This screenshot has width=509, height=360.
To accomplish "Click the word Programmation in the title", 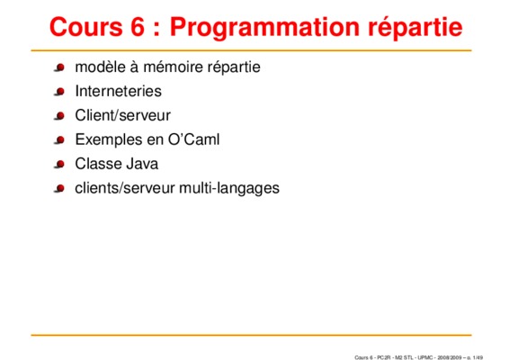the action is point(264,28).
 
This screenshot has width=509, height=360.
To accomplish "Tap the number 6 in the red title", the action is point(138,27).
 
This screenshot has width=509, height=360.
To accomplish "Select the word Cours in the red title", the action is point(86,27).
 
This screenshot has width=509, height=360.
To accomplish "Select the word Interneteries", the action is point(118,91).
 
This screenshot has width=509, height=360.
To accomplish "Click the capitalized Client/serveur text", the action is point(122,115).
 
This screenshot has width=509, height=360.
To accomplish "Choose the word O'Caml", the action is point(193,139).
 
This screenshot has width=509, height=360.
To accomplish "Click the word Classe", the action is point(98,164).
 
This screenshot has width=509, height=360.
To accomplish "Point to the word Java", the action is point(142,164).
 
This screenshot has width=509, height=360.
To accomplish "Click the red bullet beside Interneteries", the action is point(59,92).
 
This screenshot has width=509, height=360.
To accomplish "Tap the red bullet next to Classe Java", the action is point(59,165).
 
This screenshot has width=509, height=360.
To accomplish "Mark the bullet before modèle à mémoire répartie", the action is point(59,67).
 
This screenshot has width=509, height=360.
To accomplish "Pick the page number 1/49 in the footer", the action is point(478,357).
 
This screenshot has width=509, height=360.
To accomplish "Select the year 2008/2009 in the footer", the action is point(450,357).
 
